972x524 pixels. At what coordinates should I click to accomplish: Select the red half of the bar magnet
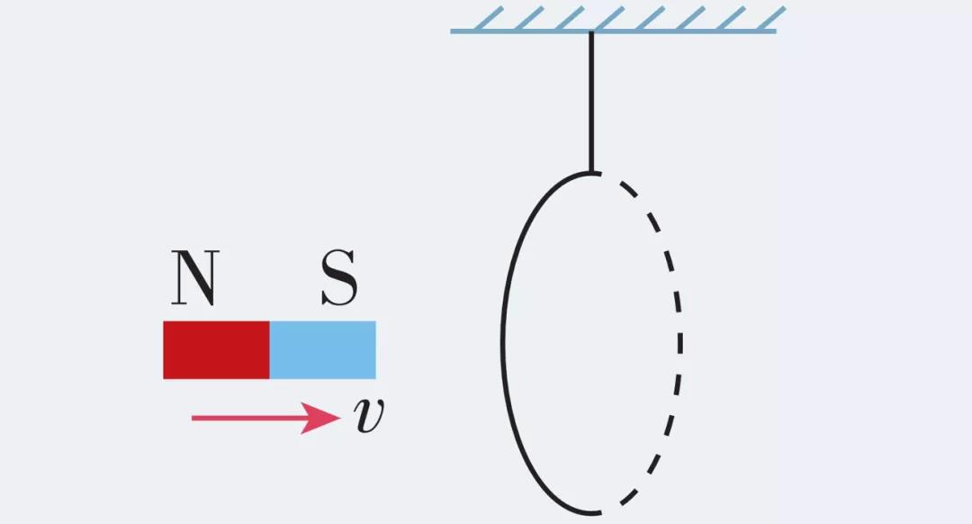coord(216,349)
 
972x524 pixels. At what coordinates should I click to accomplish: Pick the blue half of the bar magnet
coord(323,349)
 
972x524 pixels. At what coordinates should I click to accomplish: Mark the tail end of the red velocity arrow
coord(194,418)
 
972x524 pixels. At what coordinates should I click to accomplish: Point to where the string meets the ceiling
coord(591,32)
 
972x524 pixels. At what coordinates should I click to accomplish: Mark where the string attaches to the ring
coord(591,171)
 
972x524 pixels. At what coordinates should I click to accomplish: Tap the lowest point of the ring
coord(594,513)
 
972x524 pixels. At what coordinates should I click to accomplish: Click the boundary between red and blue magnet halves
coord(270,349)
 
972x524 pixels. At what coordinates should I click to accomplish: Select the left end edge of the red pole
coord(164,349)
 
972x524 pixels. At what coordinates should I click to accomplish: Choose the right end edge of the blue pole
coord(375,349)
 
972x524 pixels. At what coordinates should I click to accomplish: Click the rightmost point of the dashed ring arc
coord(680,342)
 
